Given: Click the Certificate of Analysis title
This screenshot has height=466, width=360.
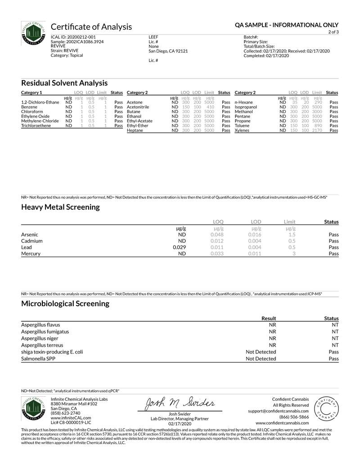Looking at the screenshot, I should tap(91, 27).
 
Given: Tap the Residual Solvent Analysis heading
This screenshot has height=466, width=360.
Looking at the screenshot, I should tap(64, 83).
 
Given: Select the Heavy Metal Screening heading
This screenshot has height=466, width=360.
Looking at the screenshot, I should tap(60, 207).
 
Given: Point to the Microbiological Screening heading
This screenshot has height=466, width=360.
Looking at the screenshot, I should tap(65, 303).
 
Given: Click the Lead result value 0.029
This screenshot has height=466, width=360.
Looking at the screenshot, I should tap(180, 247).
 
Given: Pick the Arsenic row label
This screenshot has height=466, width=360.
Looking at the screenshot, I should tap(29, 235).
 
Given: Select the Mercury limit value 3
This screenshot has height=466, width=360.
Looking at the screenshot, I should tap(294, 254).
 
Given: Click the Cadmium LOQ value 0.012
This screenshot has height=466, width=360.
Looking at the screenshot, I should tap(217, 241).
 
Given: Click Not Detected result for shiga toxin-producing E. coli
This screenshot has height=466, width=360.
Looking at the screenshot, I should tap(261, 352).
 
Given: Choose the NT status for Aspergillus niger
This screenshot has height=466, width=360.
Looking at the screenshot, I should tap(335, 338).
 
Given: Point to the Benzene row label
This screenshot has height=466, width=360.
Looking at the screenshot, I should tap(29, 107).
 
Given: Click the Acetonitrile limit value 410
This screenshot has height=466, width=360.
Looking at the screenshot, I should tap(210, 107).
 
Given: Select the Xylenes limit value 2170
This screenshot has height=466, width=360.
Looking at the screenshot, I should tap(317, 130).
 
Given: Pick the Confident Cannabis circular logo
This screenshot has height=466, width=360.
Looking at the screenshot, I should tap(325, 410).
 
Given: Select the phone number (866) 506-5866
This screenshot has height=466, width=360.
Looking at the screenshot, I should tap(294, 417).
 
